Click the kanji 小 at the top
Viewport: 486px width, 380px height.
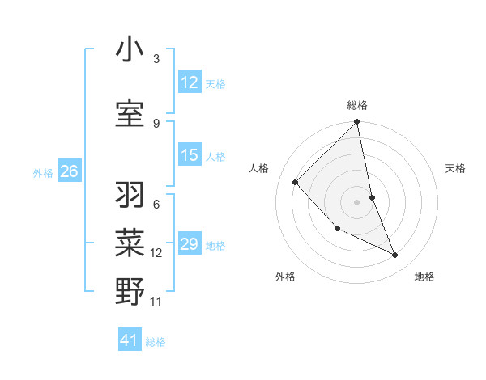point(130,51)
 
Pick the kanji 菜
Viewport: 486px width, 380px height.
point(130,243)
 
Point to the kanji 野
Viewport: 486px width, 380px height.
point(130,292)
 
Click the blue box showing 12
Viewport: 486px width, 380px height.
point(190,82)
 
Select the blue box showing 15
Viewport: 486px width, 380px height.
point(190,155)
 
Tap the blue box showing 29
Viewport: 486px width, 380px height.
point(190,244)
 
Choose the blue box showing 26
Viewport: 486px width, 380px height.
point(69,171)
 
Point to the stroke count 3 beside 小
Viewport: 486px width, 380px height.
point(156,59)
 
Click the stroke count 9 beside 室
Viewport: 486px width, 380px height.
point(156,123)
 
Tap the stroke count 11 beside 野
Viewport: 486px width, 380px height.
point(156,302)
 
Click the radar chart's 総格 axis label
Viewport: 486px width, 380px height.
point(357,105)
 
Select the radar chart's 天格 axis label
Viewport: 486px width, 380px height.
point(456,168)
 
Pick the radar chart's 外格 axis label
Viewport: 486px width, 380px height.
point(285,277)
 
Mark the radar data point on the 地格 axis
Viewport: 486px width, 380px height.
point(395,255)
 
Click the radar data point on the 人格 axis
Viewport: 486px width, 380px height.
point(296,182)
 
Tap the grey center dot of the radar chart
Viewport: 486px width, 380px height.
point(357,201)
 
